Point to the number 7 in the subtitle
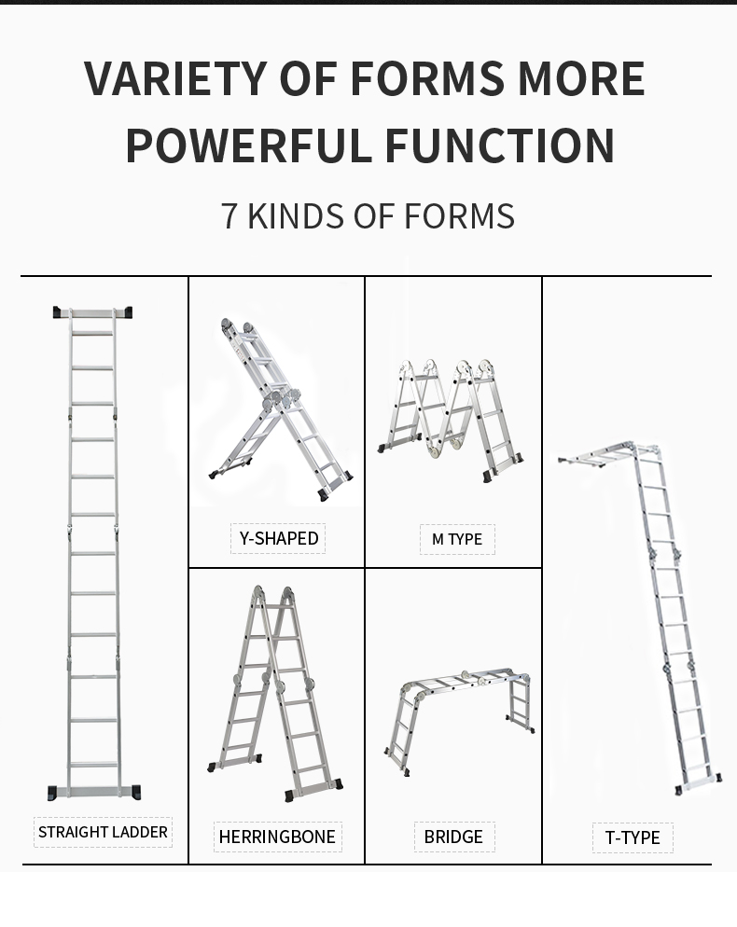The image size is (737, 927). (229, 215)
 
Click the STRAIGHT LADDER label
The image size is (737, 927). (103, 832)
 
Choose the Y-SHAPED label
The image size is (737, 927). (278, 538)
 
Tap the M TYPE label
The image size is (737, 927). (456, 539)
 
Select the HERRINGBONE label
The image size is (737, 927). (277, 837)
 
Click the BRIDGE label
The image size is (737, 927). (453, 837)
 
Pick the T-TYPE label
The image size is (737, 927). (633, 837)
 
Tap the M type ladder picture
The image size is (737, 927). (452, 420)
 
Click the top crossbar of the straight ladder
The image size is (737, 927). (92, 313)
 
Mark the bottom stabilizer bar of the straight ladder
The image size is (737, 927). (93, 792)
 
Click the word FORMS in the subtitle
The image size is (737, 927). (460, 215)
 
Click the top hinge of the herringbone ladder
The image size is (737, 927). (273, 594)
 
